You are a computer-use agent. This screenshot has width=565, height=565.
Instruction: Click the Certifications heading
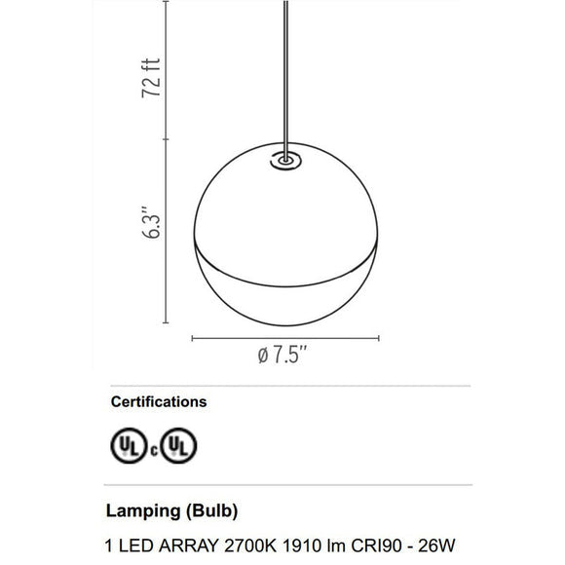click(x=158, y=401)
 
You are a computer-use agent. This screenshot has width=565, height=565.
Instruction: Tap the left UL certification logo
click(x=129, y=447)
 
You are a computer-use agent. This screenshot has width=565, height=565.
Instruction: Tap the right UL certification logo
click(x=178, y=447)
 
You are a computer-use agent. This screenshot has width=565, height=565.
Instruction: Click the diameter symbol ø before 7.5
click(x=263, y=358)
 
